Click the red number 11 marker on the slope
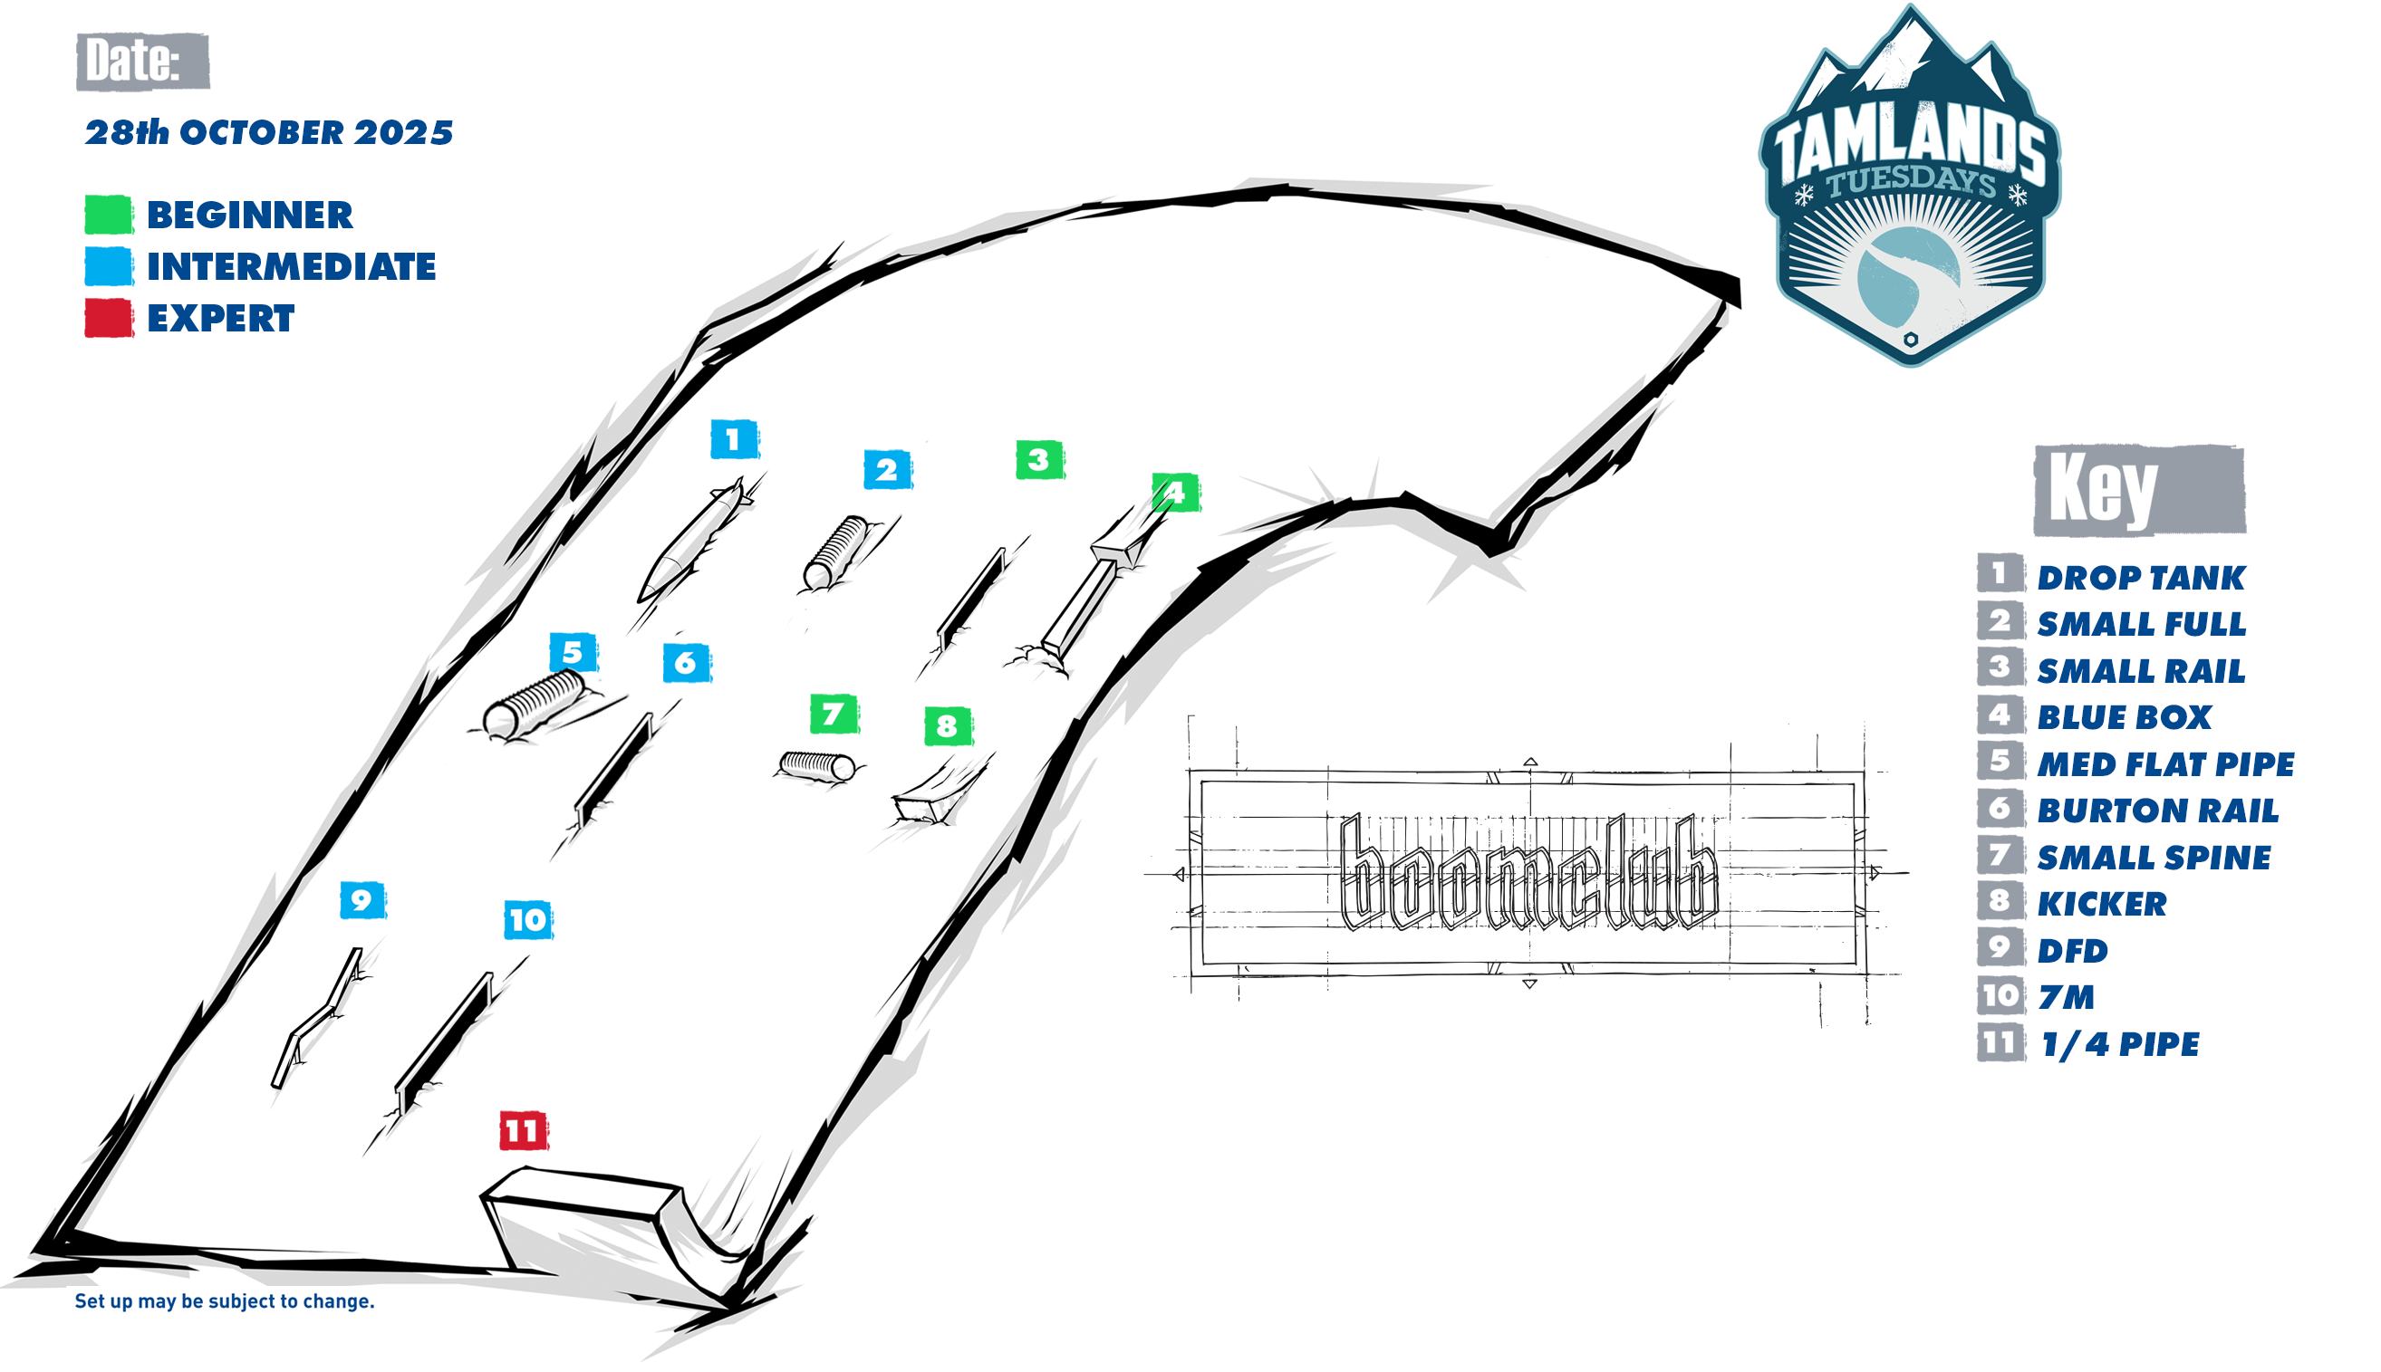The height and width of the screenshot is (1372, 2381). [x=523, y=1131]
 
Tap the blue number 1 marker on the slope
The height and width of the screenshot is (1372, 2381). [x=733, y=439]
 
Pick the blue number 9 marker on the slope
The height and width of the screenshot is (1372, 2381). [x=362, y=901]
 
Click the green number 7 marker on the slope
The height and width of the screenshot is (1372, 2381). [x=834, y=714]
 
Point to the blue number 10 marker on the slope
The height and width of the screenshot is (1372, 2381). [x=528, y=920]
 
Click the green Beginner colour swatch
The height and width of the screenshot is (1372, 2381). [x=109, y=215]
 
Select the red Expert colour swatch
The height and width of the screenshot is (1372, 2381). [x=109, y=319]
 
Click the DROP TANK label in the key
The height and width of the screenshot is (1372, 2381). [x=2141, y=578]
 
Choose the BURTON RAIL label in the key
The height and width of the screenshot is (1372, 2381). [x=2157, y=811]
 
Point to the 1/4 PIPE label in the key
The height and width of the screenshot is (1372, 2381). [x=2119, y=1044]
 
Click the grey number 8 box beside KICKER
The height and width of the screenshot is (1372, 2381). [x=2000, y=902]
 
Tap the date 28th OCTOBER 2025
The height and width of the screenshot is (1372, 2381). [x=269, y=133]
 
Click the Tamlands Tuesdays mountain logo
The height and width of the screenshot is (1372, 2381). [x=1910, y=188]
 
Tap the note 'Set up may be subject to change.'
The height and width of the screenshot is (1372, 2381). [x=225, y=1301]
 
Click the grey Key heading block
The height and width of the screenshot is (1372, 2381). [x=2139, y=490]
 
